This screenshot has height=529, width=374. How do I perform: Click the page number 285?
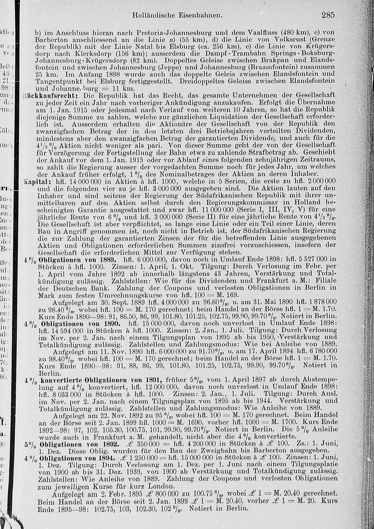[327, 15]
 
